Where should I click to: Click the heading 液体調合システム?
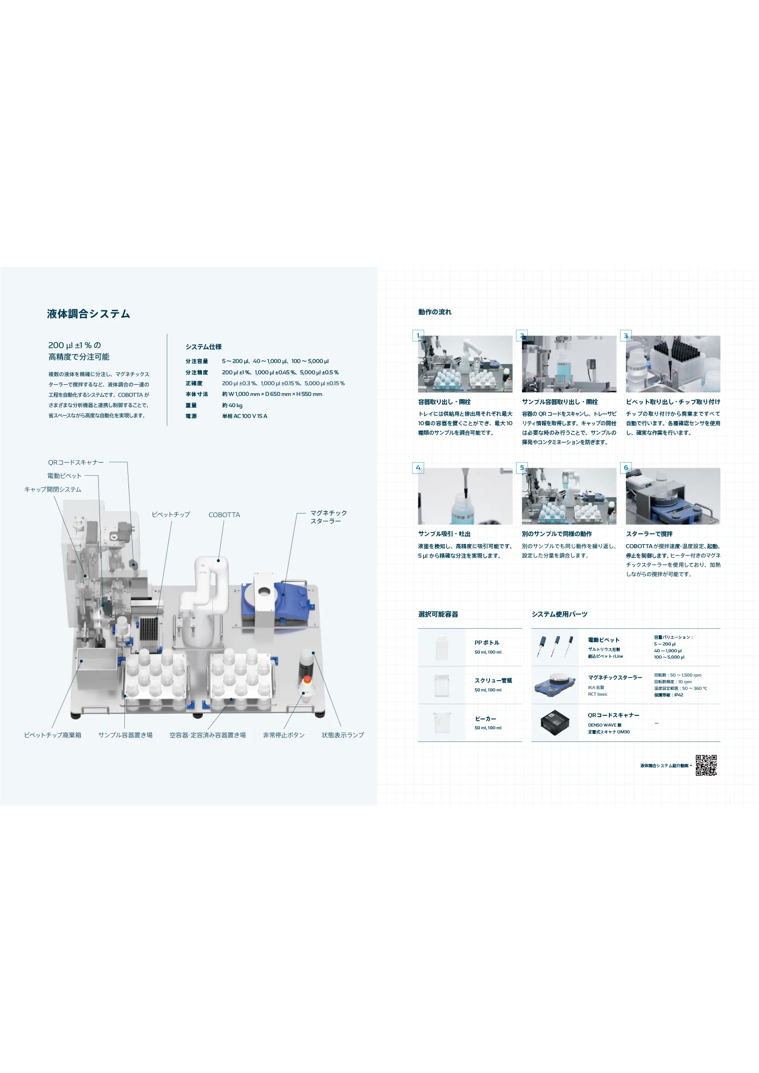[88, 314]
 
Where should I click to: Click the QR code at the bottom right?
[706, 765]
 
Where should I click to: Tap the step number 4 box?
[418, 468]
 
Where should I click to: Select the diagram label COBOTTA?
[224, 514]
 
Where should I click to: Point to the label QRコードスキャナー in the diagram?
[76, 462]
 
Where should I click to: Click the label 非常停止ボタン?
[283, 735]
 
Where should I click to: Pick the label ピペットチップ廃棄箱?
[52, 735]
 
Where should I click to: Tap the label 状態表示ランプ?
[343, 735]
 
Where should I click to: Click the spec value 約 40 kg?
[232, 405]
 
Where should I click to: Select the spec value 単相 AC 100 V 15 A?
[245, 416]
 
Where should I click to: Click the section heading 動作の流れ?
[434, 312]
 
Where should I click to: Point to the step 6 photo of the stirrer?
[672, 496]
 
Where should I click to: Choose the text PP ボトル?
[486, 643]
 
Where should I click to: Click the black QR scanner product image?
[555, 723]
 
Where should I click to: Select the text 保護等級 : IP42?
[668, 695]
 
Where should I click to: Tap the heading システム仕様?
[203, 347]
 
